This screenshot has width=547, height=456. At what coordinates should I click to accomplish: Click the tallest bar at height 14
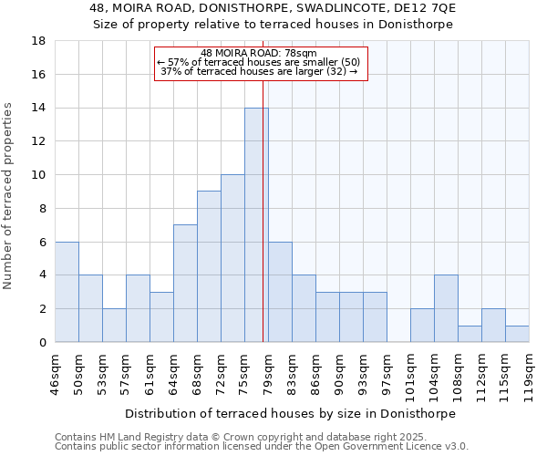click(x=256, y=225)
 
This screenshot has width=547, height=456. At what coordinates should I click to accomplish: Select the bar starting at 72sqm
click(x=232, y=258)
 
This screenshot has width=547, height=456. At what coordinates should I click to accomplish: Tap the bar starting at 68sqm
click(x=209, y=266)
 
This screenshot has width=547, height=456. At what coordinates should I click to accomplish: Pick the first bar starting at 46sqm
click(x=67, y=292)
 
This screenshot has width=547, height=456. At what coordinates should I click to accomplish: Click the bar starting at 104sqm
click(x=446, y=308)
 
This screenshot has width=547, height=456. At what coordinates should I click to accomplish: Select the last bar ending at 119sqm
click(x=517, y=334)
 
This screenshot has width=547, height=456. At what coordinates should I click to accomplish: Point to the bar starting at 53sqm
click(x=114, y=325)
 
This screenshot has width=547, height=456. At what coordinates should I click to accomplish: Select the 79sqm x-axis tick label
click(x=268, y=371)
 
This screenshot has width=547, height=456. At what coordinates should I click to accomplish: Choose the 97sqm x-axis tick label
click(x=387, y=371)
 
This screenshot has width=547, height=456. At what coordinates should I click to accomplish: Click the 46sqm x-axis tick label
click(x=55, y=371)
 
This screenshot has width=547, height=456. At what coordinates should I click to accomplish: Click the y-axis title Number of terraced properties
click(x=8, y=196)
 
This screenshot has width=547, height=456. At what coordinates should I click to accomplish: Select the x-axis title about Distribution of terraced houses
click(x=289, y=413)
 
